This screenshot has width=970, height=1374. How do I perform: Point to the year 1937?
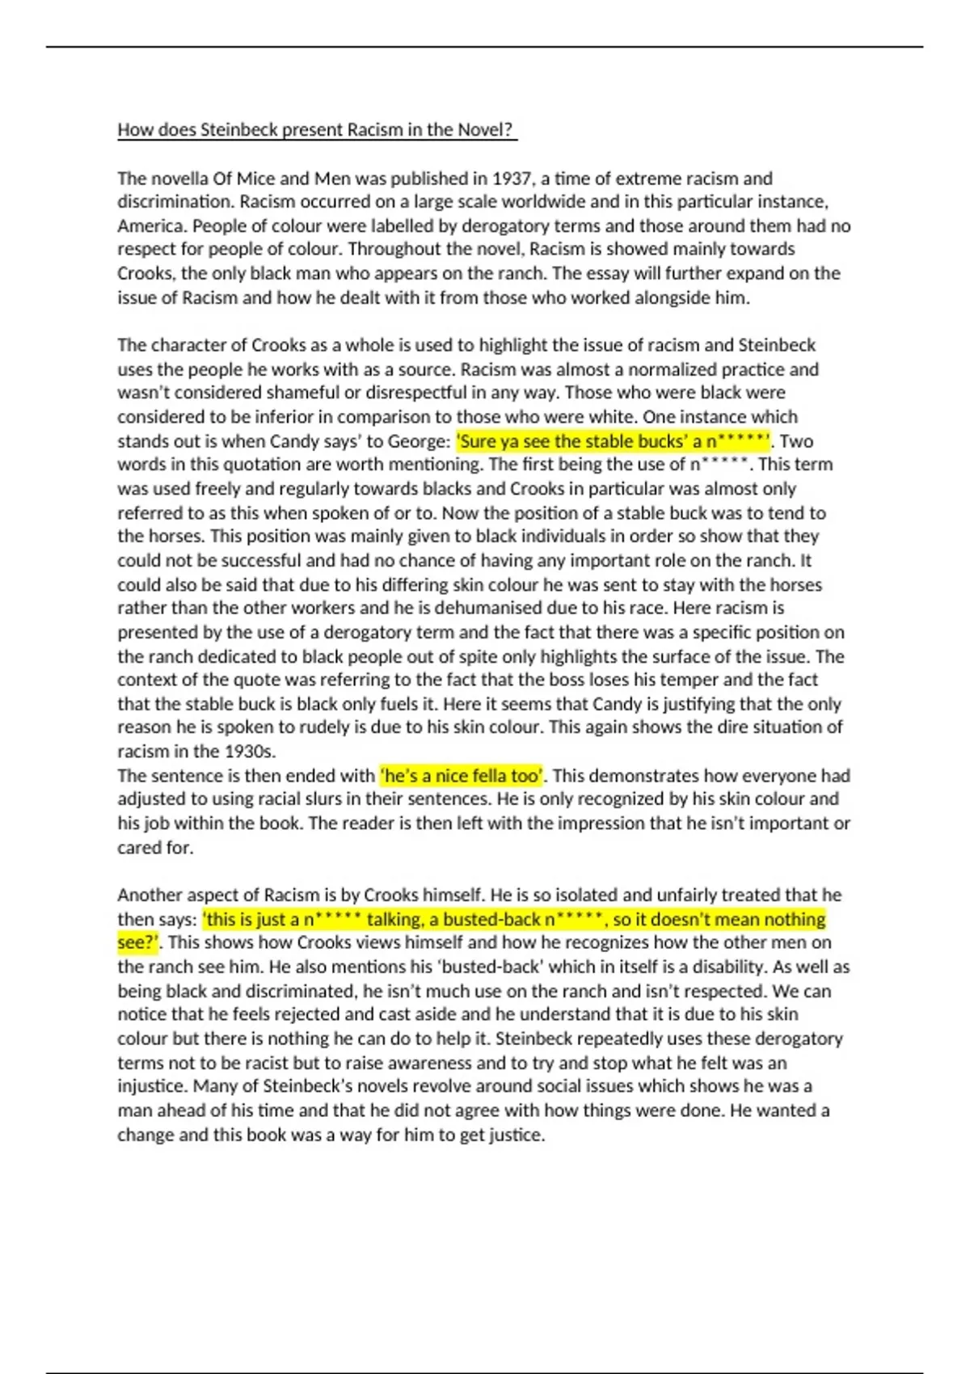tap(512, 178)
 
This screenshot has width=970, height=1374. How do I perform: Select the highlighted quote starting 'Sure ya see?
tap(614, 441)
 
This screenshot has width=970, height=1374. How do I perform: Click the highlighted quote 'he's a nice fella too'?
tap(462, 776)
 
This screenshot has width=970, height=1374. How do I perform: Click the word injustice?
tap(152, 1086)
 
